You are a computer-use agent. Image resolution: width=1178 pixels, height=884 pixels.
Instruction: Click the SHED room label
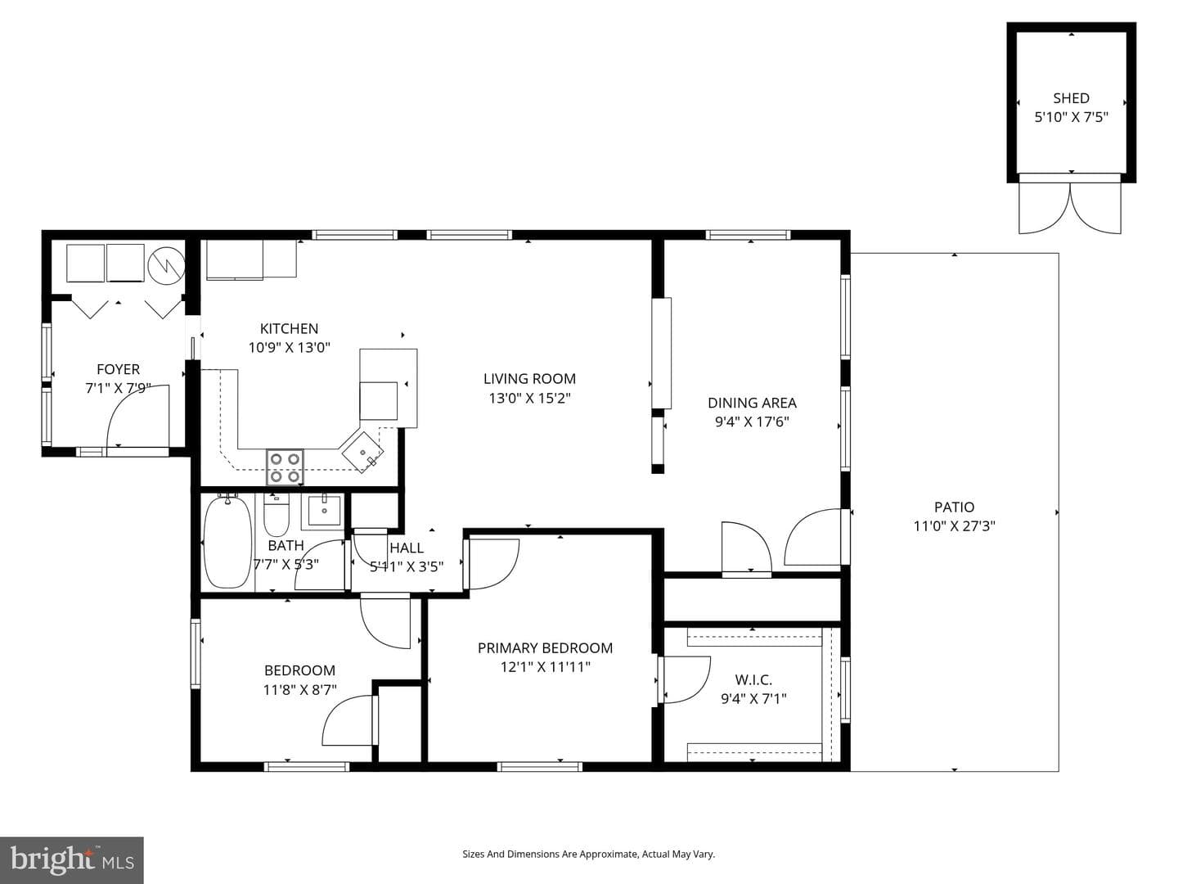(x=1071, y=98)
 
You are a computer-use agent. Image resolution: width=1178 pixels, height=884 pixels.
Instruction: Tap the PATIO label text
(x=954, y=507)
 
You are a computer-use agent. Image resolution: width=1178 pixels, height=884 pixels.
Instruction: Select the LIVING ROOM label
(x=529, y=378)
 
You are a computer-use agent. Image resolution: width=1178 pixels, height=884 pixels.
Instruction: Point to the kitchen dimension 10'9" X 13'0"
(x=289, y=347)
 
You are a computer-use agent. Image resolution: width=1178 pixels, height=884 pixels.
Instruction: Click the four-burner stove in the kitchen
(x=285, y=467)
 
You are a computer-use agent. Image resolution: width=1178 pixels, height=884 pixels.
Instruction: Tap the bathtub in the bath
(x=227, y=541)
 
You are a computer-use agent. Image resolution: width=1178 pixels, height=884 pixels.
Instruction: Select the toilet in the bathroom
(x=277, y=515)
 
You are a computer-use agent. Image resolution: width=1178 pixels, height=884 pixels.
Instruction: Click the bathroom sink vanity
(x=323, y=511)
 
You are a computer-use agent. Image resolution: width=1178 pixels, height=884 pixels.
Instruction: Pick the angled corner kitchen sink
(x=362, y=452)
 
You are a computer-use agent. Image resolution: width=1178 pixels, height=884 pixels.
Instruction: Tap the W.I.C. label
(x=753, y=679)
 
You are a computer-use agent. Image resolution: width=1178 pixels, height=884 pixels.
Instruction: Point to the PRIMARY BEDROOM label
(x=545, y=647)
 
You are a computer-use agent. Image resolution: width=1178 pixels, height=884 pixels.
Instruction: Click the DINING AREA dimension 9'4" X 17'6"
(x=751, y=422)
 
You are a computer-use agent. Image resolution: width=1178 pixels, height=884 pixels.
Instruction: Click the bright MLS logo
(x=72, y=860)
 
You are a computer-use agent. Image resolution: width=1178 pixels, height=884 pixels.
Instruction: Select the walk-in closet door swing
(x=686, y=679)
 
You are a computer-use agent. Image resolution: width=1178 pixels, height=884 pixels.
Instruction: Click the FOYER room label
(x=118, y=369)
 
